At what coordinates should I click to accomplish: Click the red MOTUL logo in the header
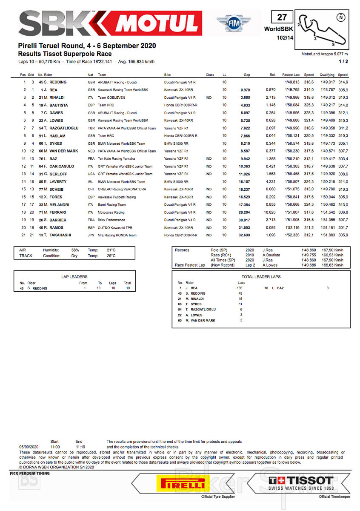point(157,23)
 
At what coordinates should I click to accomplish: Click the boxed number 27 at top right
point(282,17)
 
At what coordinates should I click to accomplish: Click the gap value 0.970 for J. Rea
point(245,90)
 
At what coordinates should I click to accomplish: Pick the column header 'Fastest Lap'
point(291,75)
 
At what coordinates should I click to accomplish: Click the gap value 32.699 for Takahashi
point(244,235)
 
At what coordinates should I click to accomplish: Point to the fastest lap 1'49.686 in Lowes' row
point(291,121)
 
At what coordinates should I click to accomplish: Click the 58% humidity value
point(75,250)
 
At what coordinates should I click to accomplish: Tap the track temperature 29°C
point(111,256)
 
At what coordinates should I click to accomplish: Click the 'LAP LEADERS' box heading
point(74,277)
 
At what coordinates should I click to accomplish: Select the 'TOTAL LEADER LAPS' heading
point(261,276)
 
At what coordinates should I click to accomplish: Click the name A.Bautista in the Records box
point(271,255)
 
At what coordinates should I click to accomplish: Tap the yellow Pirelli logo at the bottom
point(181,483)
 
